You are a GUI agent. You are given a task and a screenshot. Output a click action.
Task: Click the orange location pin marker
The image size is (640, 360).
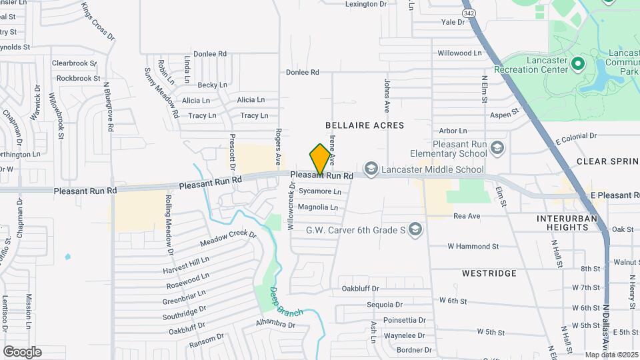coord(321,159)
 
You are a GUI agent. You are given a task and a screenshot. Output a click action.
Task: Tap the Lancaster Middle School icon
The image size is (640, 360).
coord(372,169)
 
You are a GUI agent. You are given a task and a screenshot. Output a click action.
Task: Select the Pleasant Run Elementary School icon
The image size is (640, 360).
coord(497,147)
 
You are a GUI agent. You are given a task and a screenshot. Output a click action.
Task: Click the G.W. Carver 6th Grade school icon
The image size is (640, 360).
coord(415,230)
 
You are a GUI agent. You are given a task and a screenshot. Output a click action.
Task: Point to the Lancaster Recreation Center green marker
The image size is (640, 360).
coord(577,65)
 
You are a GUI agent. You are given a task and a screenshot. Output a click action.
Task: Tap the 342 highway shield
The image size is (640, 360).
coord(469,12)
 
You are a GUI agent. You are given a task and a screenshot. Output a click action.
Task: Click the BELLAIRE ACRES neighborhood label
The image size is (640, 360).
coord(365,125)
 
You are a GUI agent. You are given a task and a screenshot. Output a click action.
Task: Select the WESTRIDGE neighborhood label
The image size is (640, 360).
coord(489,273)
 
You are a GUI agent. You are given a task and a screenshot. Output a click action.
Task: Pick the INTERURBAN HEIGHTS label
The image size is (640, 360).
coord(563,223)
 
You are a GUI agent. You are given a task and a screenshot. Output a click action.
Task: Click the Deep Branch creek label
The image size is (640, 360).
coord(286,302)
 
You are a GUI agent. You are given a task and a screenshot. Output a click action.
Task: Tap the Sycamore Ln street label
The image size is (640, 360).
coord(320,191)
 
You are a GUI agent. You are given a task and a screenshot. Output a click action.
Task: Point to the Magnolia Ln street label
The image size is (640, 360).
coord(318,207)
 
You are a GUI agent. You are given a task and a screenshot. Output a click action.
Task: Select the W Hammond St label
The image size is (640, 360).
coord(473,246)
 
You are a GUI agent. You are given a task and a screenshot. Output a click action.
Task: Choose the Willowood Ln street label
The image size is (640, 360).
coord(459,53)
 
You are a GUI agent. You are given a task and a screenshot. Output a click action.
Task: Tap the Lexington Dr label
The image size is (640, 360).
coord(366,4)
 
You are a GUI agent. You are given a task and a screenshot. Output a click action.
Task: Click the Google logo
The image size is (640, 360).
coord(22,352)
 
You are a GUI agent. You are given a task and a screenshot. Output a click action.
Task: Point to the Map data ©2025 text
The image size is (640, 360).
coord(611,355)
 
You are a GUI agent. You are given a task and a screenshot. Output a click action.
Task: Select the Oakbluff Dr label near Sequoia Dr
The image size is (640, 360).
coord(360,289)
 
